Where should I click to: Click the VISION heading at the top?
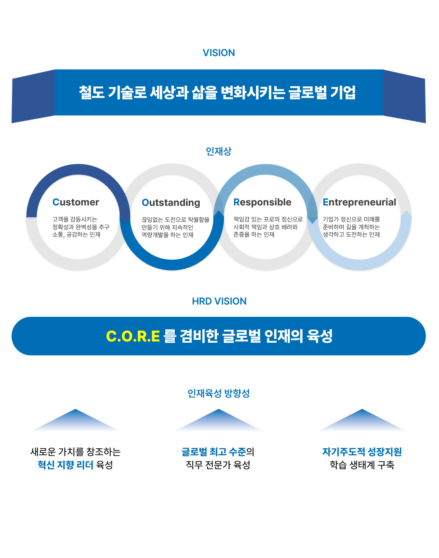coord(219,53)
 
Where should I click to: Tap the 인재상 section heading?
coord(219,151)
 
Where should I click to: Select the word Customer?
coord(76,202)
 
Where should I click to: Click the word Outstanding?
coord(171,203)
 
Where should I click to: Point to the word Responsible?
coord(262,202)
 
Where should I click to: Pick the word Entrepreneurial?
coord(359,202)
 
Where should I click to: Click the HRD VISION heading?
coord(219,301)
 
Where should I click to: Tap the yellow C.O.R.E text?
coord(133,336)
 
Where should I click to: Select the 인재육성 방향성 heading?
coord(219,393)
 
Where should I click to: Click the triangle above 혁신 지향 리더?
coord(76,421)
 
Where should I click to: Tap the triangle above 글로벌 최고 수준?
coord(219,421)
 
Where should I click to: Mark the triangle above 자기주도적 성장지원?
coord(362,421)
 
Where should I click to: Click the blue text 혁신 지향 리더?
coord(65,465)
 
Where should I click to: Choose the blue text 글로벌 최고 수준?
coord(214,452)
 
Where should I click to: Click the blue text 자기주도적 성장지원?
coord(362,452)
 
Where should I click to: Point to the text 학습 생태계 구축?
coord(362,465)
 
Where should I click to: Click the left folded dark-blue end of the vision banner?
coord(33,97)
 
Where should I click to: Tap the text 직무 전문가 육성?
coord(218,465)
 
